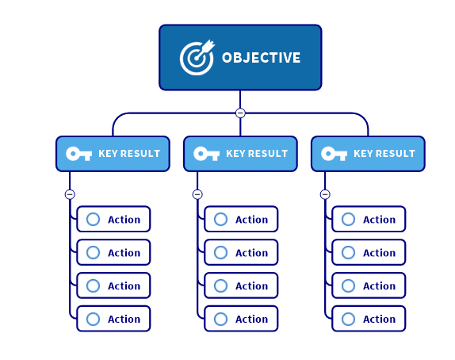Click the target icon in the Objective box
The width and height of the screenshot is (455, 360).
tap(197, 58)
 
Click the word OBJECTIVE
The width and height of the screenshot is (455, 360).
tap(261, 58)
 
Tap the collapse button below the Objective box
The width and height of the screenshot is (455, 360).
tap(240, 113)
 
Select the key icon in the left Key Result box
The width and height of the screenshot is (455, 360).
tap(79, 154)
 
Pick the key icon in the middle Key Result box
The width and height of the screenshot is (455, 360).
tap(207, 154)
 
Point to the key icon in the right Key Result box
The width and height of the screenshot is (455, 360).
tap(335, 154)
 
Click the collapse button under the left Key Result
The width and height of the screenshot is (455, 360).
tap(70, 194)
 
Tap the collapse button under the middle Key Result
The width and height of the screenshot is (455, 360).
tap(197, 194)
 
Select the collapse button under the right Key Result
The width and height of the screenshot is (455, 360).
tap(325, 194)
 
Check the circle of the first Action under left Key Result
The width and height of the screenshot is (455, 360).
tap(94, 219)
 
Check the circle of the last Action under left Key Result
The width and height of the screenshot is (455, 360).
tap(94, 319)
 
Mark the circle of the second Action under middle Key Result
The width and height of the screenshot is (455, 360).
tap(221, 252)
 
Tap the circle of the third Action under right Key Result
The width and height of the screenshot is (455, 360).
tap(349, 285)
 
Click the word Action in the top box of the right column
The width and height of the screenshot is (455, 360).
tap(379, 220)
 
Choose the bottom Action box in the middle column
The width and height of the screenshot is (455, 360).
tap(241, 319)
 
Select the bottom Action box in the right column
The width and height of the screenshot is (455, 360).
tap(369, 319)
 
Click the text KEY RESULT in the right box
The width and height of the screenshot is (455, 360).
tap(384, 154)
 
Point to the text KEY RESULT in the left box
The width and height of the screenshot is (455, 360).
tap(129, 154)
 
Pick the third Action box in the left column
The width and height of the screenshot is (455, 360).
tap(113, 285)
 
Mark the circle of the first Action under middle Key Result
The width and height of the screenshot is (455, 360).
tap(221, 219)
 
